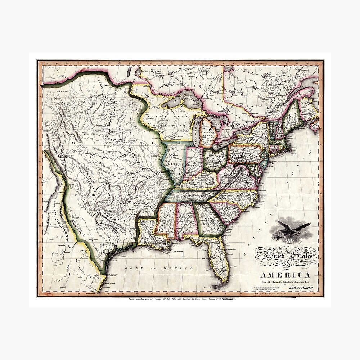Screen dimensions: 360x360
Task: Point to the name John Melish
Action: pos(298,288)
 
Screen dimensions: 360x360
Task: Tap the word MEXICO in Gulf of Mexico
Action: pos(183,269)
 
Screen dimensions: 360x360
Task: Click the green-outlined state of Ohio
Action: pos(215,158)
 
